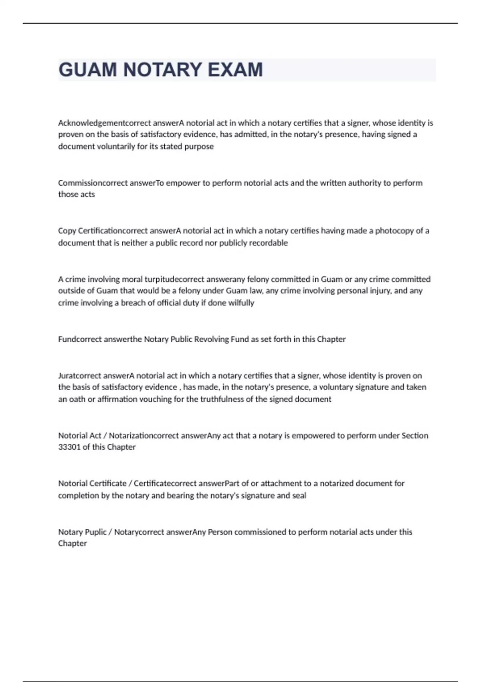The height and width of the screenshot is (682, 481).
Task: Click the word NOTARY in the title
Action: click(x=162, y=70)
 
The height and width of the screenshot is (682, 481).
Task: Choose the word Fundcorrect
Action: click(x=80, y=339)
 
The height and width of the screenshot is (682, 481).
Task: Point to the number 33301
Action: click(x=69, y=447)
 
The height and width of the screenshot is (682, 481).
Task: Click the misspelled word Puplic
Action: click(x=95, y=532)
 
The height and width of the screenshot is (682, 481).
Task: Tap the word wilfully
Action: click(x=241, y=303)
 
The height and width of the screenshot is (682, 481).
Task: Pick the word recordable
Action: click(x=268, y=243)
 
